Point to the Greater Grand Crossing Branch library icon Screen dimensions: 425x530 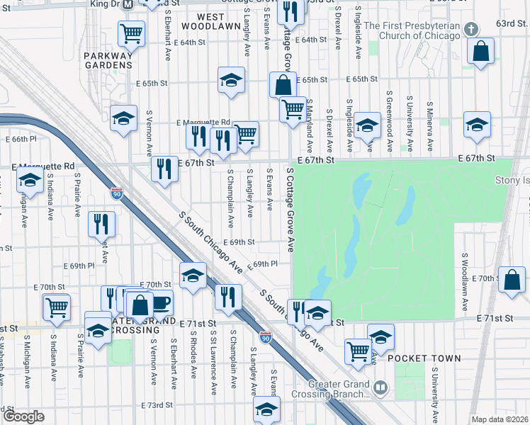click(381, 387)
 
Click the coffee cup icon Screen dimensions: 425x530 click(162, 302)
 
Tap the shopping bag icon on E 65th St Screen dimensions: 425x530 click(283, 85)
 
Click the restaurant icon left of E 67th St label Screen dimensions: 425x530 click(164, 169)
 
